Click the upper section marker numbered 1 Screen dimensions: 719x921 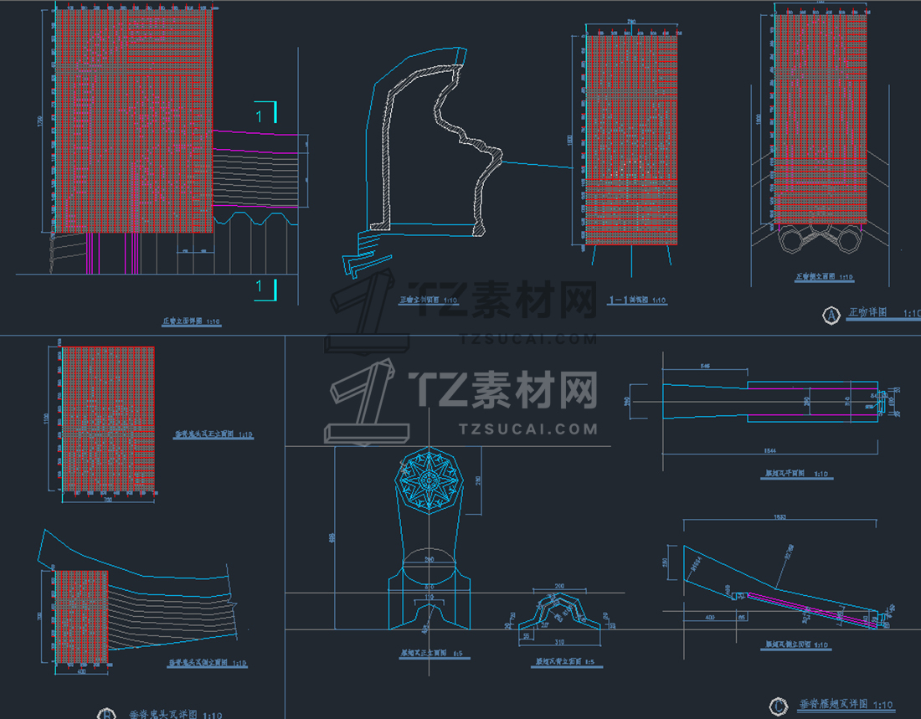pyautogui.click(x=260, y=114)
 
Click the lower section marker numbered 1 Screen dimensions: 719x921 pyautogui.click(x=260, y=287)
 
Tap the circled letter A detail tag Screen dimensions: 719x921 pyautogui.click(x=831, y=315)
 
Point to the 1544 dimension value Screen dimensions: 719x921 pyautogui.click(x=774, y=452)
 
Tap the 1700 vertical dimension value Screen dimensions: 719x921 pyautogui.click(x=39, y=122)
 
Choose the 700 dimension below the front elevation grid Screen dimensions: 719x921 pyautogui.click(x=107, y=501)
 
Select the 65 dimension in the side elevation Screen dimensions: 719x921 pyautogui.click(x=741, y=617)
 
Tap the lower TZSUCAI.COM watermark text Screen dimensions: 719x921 pyautogui.click(x=528, y=429)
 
